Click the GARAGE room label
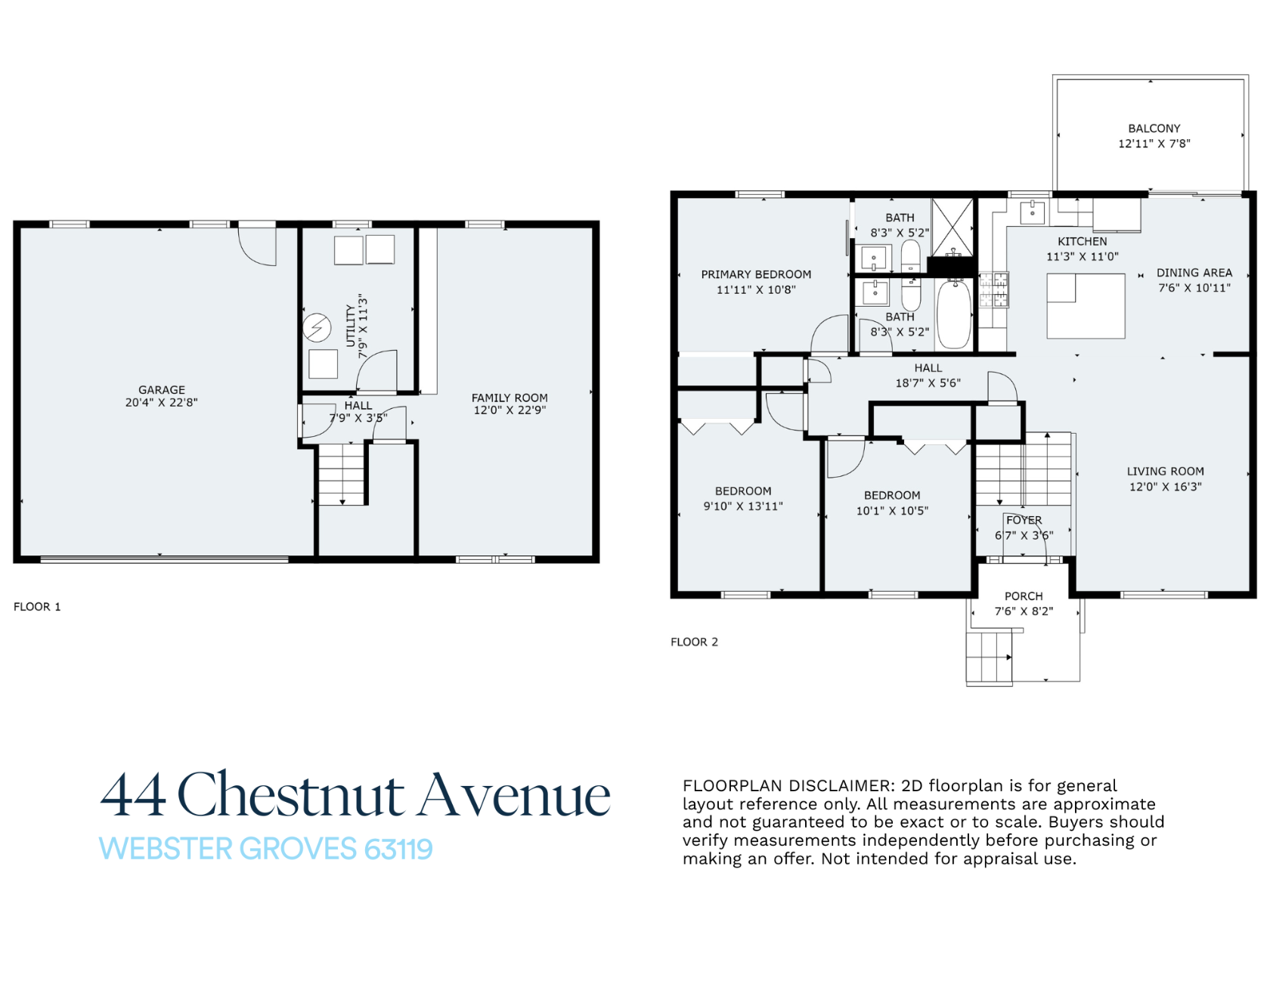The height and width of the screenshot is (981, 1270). [x=162, y=390]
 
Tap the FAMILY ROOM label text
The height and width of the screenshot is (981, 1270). [x=510, y=398]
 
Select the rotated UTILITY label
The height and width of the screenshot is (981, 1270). [x=351, y=326]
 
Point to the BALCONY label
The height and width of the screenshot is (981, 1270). [x=1154, y=128]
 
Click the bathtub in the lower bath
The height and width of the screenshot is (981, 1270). [x=954, y=314]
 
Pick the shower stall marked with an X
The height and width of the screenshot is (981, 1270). [x=952, y=227]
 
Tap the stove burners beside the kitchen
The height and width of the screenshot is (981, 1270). [x=994, y=290]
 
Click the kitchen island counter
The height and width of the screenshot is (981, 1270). [x=1086, y=305]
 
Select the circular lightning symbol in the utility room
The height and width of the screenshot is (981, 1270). [x=317, y=328]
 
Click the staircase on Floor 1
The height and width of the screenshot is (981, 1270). [x=342, y=475]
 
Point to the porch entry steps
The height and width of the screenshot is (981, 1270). [x=989, y=658]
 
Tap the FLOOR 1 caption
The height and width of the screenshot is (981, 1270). [x=37, y=607]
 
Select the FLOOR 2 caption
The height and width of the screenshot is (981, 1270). [x=694, y=642]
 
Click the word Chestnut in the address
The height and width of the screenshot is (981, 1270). [x=291, y=795]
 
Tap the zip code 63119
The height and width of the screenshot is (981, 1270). [x=398, y=849]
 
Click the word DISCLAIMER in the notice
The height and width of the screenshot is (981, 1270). [x=822, y=786]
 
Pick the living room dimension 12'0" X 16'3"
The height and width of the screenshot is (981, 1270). [x=1165, y=487]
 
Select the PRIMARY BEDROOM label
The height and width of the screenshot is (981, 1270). [x=756, y=274]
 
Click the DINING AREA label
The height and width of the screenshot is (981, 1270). [x=1194, y=273]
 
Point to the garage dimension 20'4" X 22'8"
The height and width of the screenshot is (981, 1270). [x=162, y=403]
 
